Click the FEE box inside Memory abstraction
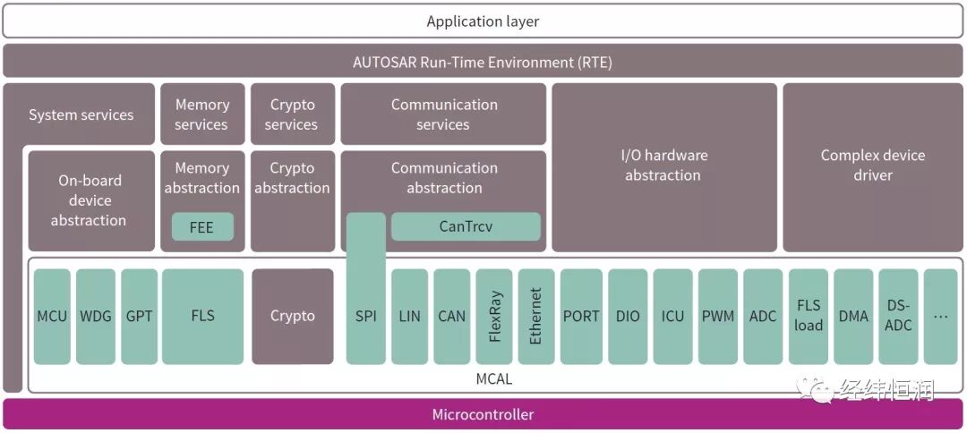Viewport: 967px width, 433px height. pos(202,227)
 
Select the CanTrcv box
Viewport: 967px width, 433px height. pos(466,226)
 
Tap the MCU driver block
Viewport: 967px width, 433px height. pos(52,316)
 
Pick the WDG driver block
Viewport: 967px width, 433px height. pos(95,316)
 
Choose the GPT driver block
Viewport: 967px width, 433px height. pos(139,316)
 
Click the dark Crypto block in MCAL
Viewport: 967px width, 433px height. pos(292,316)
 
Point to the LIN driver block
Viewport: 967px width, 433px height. pos(409,316)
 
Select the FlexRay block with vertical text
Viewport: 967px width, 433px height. pos(494,316)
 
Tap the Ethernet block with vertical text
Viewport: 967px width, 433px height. pos(535,316)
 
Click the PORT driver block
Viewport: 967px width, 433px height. pos(581,316)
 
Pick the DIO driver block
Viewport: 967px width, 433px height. pos(628,316)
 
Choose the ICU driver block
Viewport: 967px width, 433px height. pos(672,316)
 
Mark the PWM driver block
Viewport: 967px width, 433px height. pos(717,316)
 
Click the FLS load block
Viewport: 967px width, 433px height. pos(808,316)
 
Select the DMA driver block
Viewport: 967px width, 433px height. pos(852,316)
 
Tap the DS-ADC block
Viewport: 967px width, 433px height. pos(897,316)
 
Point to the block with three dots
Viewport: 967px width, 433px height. pos(940,316)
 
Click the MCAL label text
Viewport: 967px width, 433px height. pos(493,379)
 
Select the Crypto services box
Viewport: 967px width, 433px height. pos(292,115)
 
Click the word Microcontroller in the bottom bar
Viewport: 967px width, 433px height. pos(483,414)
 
